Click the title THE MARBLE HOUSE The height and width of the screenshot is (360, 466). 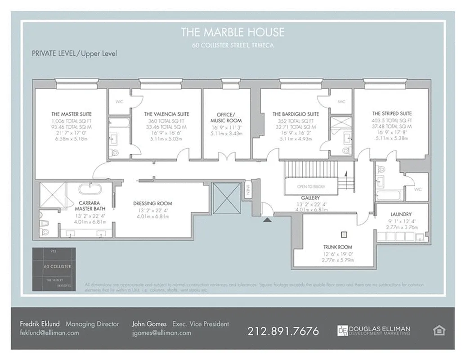click(233, 32)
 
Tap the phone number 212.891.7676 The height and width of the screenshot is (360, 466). click(283, 331)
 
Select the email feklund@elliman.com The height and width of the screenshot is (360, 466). click(49, 333)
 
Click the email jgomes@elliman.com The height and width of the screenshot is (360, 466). click(161, 333)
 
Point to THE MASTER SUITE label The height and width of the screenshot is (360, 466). click(71, 114)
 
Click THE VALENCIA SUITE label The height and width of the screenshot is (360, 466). click(166, 114)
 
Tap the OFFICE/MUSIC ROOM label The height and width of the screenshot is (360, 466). click(226, 117)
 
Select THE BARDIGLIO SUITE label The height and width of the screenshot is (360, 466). click(296, 114)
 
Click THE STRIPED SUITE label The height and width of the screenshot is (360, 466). click(392, 114)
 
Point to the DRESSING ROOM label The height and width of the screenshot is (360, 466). click(152, 203)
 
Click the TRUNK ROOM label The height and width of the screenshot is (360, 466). click(337, 247)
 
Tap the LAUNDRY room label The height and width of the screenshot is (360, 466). click(401, 214)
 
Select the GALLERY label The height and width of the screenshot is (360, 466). click(310, 198)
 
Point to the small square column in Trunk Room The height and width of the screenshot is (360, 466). click(345, 234)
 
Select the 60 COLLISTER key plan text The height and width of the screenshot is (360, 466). click(57, 266)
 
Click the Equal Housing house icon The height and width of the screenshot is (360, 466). click(439, 331)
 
